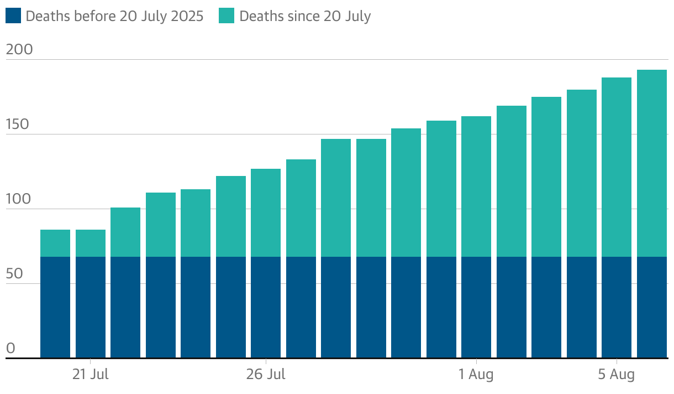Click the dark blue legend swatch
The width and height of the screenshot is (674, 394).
13,16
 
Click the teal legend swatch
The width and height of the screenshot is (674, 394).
227,16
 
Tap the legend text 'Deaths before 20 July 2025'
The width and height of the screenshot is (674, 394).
114,17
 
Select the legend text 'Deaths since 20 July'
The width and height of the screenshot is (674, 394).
305,17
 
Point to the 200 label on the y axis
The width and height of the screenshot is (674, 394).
19,50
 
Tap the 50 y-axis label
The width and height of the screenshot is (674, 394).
15,274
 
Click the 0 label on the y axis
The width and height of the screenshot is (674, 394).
10,349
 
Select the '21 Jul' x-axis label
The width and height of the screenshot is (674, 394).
91,375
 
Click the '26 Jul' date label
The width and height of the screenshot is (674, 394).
266,375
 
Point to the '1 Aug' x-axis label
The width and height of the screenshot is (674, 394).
476,375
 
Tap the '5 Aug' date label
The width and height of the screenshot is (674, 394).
617,375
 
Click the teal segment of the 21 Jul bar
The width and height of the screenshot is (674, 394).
91,243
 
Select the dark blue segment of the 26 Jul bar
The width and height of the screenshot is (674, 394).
266,307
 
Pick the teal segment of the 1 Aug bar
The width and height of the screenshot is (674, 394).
476,186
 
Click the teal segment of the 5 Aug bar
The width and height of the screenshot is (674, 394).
617,167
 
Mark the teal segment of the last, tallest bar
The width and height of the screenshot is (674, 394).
652,163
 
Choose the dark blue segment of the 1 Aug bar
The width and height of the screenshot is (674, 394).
476,307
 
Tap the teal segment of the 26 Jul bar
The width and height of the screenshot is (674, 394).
266,212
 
